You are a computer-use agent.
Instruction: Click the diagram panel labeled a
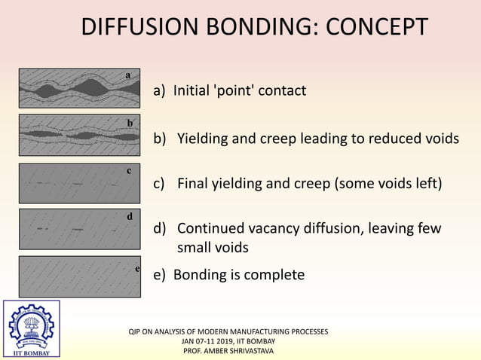[79, 88]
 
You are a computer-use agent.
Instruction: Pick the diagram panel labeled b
[79, 134]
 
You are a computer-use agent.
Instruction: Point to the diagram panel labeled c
[79, 182]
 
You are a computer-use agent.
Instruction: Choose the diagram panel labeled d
[79, 228]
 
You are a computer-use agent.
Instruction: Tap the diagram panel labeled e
[79, 276]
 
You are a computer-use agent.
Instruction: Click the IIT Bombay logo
[31, 330]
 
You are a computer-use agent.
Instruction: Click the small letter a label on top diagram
[128, 75]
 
